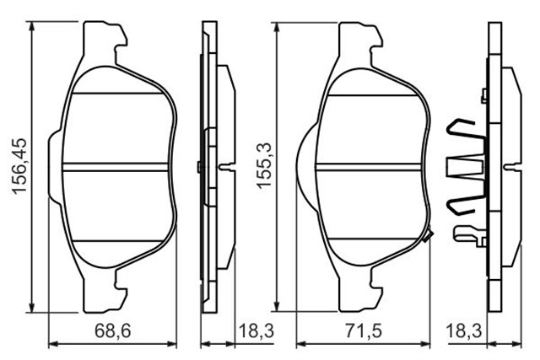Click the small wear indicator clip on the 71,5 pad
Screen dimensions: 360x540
[429, 238]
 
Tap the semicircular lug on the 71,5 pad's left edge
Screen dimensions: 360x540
[306, 165]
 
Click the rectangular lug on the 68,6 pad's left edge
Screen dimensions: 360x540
[54, 165]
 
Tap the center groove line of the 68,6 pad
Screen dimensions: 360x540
[118, 165]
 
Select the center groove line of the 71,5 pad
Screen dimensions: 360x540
[371, 165]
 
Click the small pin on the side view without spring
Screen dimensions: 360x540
[226, 166]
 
